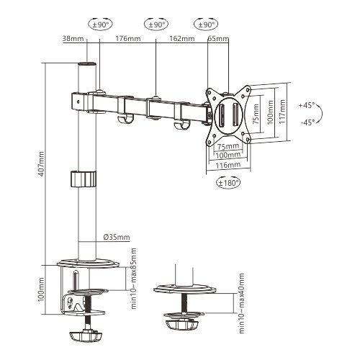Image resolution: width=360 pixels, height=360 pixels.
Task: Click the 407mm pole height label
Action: point(42,164)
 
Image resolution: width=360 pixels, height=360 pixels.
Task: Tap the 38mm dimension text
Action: point(73,40)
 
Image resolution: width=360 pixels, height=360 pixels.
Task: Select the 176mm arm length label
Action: point(127,40)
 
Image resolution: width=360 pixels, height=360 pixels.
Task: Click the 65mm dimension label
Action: point(215,40)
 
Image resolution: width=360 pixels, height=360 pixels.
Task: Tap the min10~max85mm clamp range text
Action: point(134,283)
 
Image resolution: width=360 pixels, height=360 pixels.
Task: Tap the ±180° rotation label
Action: point(228,182)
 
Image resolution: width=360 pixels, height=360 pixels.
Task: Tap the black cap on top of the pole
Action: point(86,66)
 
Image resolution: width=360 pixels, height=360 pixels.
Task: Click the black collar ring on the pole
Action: point(85,178)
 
